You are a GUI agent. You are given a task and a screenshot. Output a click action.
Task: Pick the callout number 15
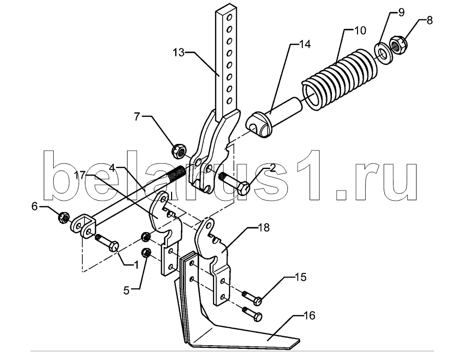coord(300,277)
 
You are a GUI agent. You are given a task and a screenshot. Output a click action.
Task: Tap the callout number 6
coord(35,206)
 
